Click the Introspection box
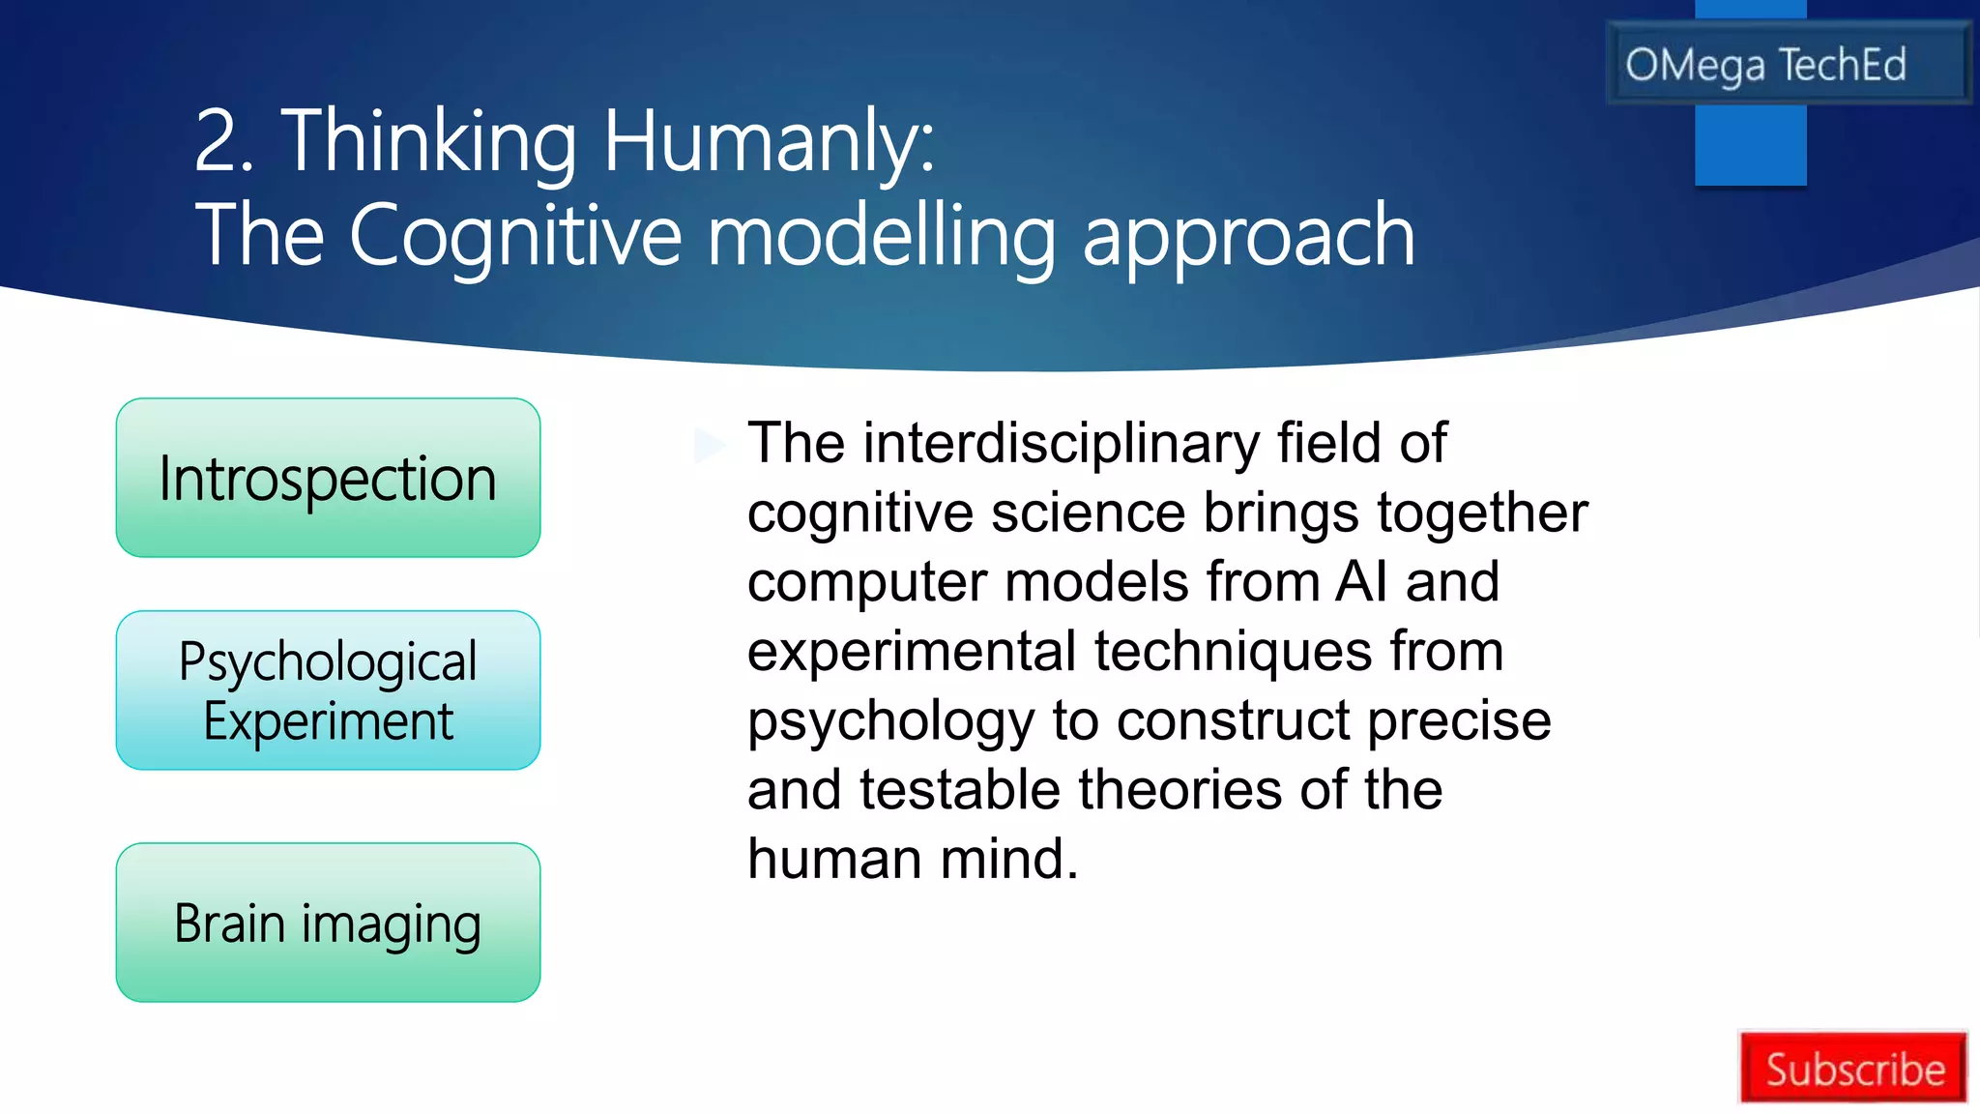[x=328, y=478]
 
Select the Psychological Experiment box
[x=328, y=690]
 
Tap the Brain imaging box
[x=328, y=923]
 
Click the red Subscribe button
[x=1853, y=1069]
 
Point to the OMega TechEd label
[x=1765, y=65]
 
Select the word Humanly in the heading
[x=769, y=142]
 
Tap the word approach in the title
[x=1248, y=237]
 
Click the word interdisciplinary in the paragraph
[x=1061, y=444]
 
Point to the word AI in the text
[x=1361, y=582]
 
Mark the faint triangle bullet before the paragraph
[x=709, y=445]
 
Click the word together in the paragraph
[x=1482, y=513]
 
